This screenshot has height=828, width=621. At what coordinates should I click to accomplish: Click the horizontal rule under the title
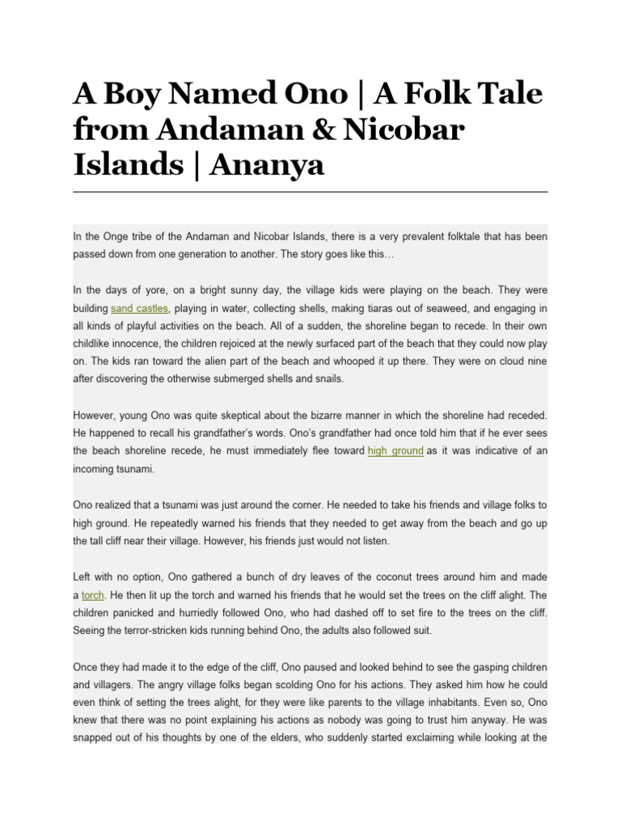click(x=310, y=192)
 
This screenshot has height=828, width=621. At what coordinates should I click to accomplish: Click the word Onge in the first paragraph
click(x=118, y=237)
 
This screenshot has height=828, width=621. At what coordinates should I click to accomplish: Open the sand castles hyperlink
click(x=139, y=308)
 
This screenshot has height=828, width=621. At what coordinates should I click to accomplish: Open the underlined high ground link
click(x=395, y=450)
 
